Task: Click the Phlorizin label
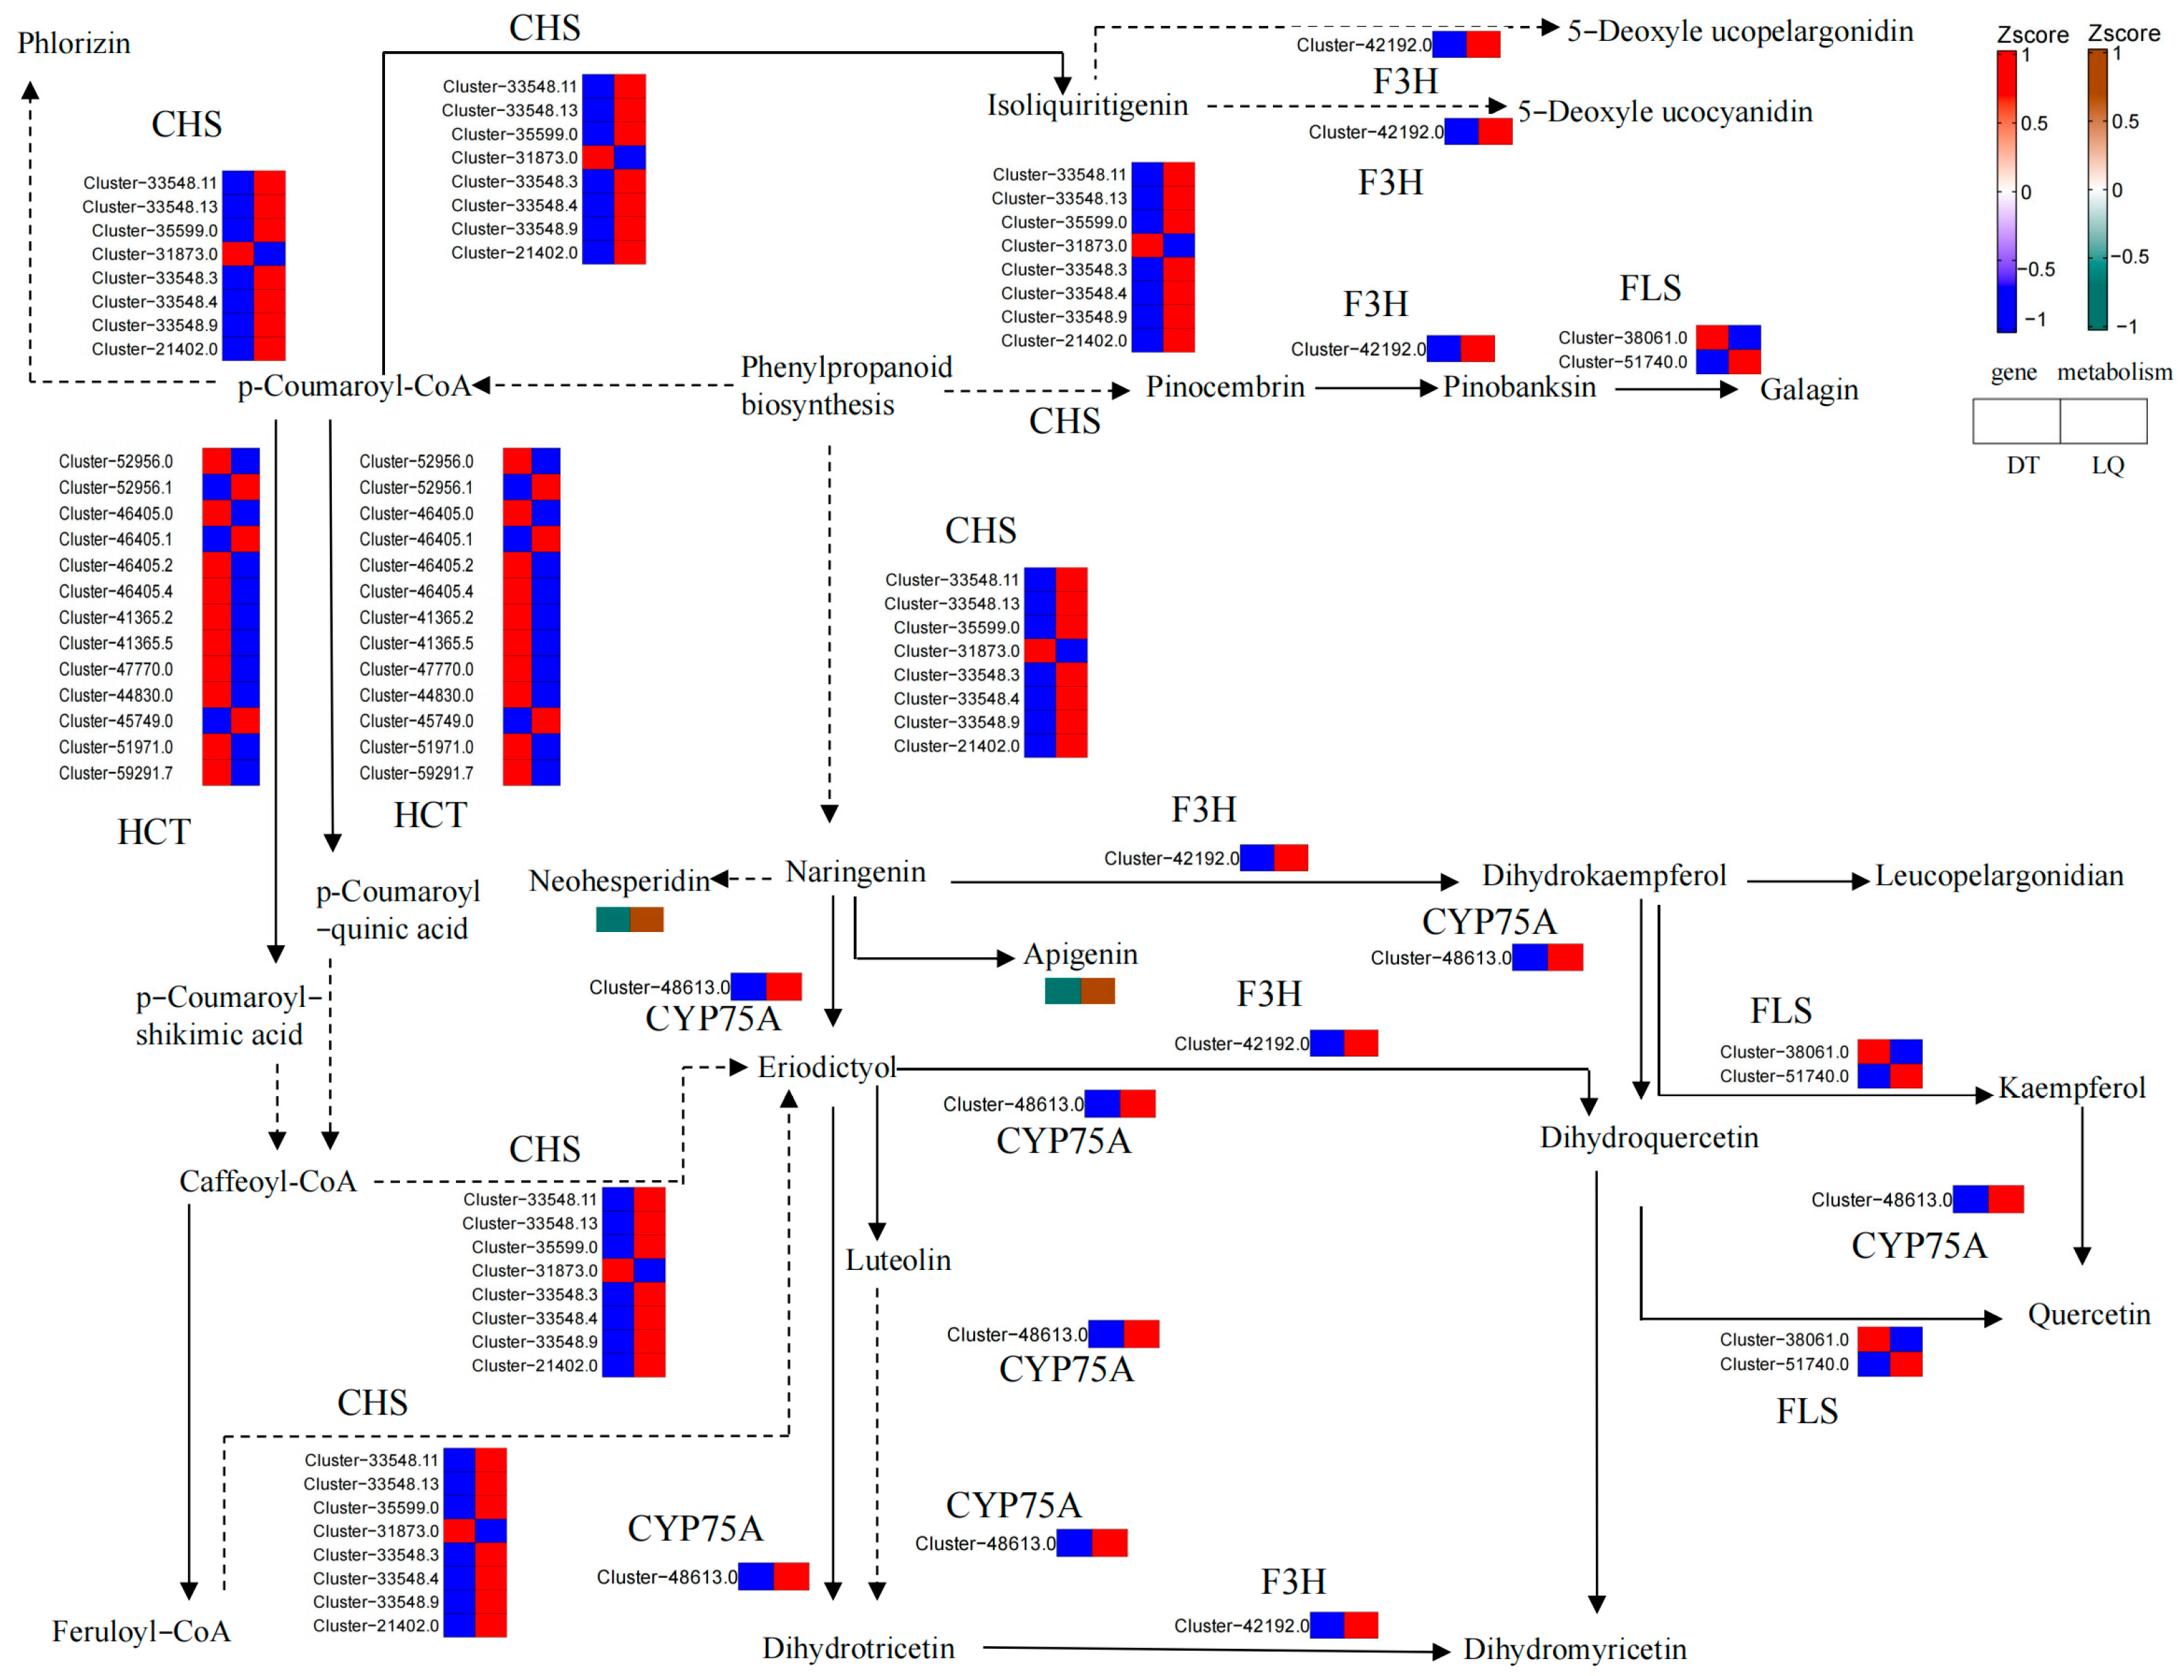coord(74,43)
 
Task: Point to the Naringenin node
coord(855,872)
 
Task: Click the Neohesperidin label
coord(619,881)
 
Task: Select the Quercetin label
coord(2088,1315)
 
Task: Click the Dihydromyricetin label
coord(1574,1649)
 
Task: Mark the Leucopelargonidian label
coord(1999,876)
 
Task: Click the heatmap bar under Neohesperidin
coord(630,919)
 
